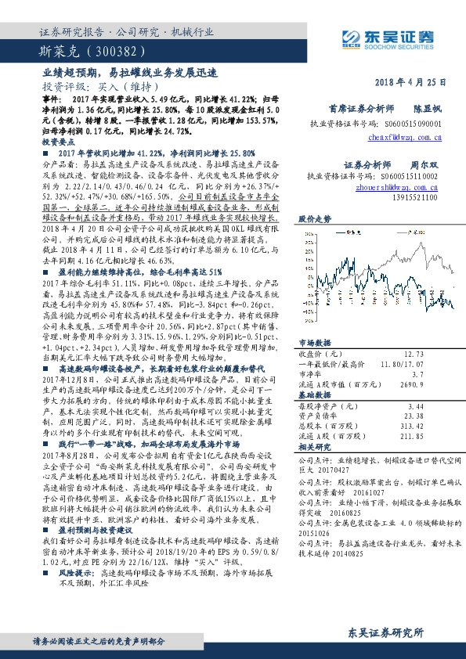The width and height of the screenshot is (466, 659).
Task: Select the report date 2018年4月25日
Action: [x=415, y=82]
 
